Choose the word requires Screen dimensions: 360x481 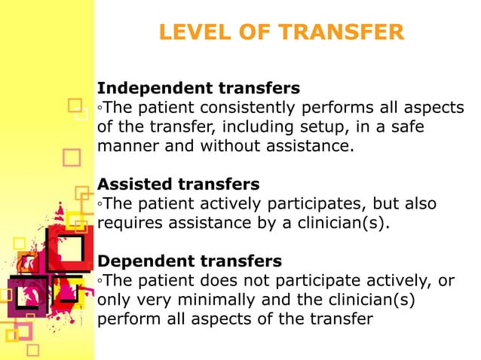click(x=126, y=224)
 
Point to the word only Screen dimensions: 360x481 click(x=112, y=301)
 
